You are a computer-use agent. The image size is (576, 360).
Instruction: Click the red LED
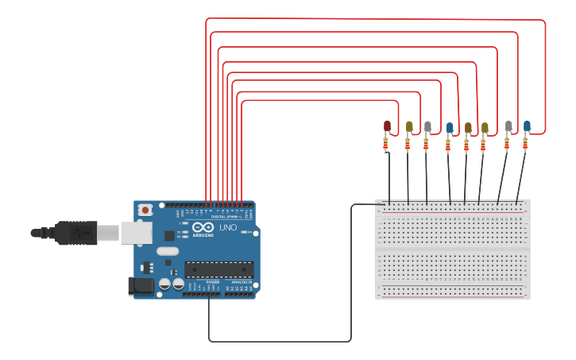387,126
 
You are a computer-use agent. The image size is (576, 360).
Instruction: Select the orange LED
468,128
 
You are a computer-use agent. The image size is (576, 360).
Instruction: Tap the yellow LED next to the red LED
409,126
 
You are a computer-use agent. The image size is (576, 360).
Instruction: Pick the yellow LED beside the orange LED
485,127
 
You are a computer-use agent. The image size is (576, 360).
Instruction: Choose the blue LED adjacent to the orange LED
450,128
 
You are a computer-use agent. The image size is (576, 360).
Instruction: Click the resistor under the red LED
386,144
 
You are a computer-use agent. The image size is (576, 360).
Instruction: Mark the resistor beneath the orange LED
467,145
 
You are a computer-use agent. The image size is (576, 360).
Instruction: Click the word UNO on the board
227,227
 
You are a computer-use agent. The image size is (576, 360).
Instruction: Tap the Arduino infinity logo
203,227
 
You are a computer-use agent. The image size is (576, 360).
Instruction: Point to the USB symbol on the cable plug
80,233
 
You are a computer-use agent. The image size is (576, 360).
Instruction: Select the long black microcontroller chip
219,269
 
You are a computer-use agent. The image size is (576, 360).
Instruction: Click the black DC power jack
141,285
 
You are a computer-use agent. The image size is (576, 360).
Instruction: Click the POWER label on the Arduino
213,282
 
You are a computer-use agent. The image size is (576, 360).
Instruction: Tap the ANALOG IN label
242,282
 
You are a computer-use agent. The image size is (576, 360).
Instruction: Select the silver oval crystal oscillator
168,251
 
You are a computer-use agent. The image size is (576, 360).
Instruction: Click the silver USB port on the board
136,232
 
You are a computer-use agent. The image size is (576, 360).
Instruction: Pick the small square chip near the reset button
169,235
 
